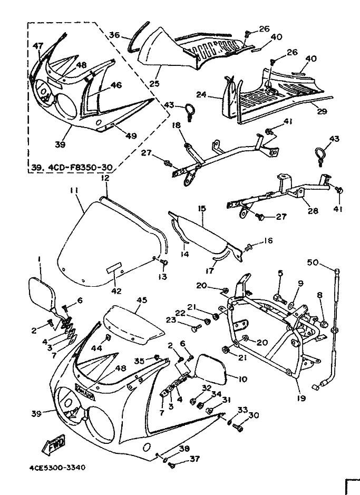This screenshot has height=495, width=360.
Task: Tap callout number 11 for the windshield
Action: click(74, 191)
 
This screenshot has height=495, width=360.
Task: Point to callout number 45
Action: click(141, 300)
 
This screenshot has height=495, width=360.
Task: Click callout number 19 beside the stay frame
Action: click(301, 398)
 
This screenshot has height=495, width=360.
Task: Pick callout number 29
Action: click(323, 111)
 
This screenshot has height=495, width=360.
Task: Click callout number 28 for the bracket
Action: click(313, 210)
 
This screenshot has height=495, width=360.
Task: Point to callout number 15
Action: click(202, 208)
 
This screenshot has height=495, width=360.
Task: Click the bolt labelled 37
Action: click(172, 465)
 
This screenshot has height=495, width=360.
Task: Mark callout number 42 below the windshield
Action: click(116, 291)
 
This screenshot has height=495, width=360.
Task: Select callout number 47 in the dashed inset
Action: click(38, 46)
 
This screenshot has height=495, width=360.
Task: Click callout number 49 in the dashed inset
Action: click(131, 136)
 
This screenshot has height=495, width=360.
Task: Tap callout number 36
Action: click(114, 34)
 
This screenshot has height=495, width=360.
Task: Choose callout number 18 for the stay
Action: click(177, 125)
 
